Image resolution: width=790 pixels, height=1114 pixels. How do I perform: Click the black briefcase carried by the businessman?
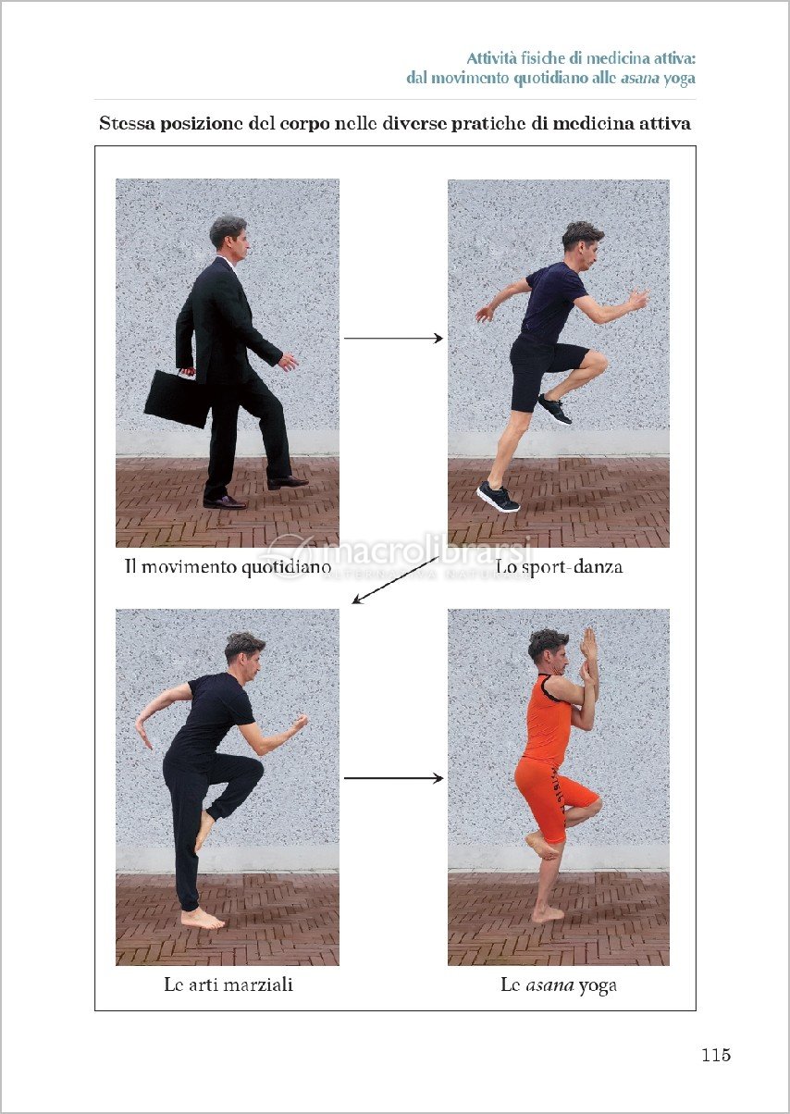178,399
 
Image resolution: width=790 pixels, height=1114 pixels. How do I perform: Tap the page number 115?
716,1055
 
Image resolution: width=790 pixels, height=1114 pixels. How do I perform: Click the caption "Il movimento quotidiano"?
228,566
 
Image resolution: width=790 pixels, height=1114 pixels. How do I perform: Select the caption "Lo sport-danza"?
559,566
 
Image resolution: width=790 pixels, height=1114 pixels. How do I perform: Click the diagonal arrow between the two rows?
395,580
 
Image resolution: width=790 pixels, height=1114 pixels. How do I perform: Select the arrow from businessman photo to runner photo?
393,339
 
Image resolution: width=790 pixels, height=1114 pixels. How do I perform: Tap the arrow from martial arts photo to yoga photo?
393,778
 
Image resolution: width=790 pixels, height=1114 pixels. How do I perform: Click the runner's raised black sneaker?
555,409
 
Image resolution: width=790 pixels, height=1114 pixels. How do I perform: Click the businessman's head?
229,239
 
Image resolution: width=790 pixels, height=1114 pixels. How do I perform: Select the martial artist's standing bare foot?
202,920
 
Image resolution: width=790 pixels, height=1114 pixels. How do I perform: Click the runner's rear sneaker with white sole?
499,496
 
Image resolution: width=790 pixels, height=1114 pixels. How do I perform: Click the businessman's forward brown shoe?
288,481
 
